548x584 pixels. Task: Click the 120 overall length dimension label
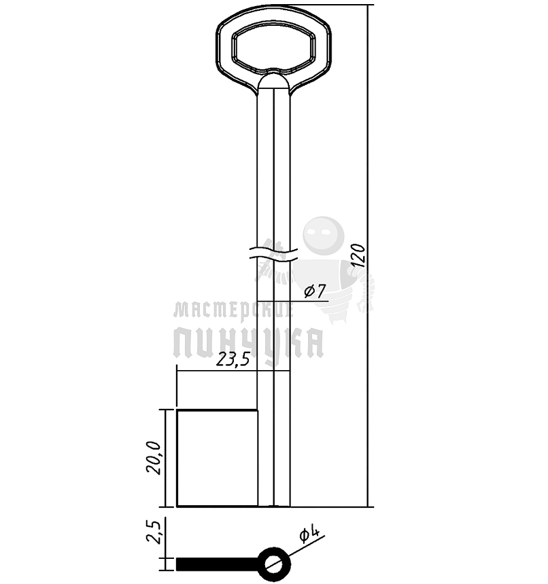pos(358,255)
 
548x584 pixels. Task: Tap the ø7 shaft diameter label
pos(315,291)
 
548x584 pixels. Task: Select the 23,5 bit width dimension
pos(233,360)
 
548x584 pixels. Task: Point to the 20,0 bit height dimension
pos(154,458)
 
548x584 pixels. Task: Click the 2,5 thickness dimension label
pos(154,532)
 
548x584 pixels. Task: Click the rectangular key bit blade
pos(217,458)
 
